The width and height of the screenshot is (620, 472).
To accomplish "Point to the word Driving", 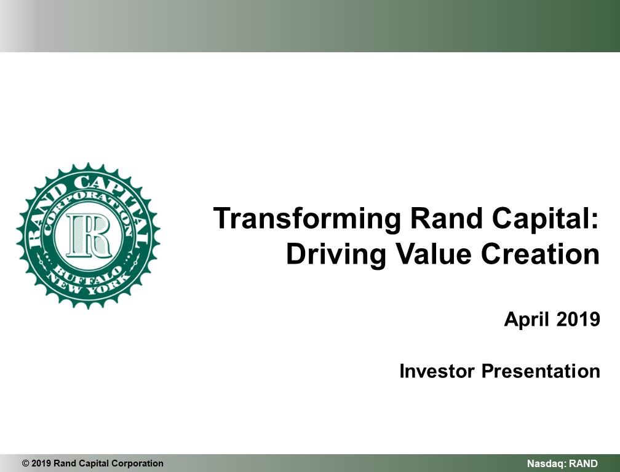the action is point(336,255).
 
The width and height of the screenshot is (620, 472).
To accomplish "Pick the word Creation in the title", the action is point(541,254).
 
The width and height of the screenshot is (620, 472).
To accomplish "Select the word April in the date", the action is point(527,320).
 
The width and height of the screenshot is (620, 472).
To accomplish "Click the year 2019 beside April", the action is point(578,319).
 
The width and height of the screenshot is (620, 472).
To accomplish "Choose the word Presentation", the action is point(541,371).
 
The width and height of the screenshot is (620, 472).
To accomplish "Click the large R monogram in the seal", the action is point(89,235).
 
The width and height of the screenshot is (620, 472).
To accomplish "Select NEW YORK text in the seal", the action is point(88,285).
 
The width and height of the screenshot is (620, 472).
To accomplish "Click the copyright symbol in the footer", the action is point(26,463).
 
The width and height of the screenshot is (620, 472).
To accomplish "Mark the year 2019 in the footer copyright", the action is point(41,463).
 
